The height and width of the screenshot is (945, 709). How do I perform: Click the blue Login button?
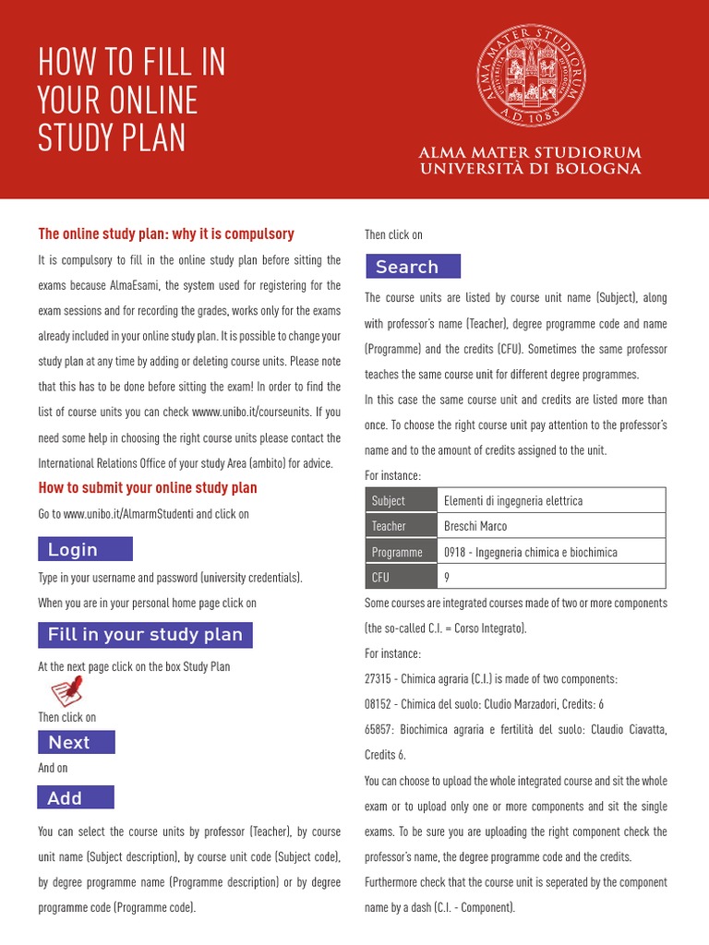[x=85, y=549]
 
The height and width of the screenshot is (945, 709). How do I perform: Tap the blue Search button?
[x=412, y=267]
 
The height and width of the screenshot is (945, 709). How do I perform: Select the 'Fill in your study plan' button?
[x=145, y=635]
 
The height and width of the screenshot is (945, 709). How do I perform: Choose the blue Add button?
[x=76, y=797]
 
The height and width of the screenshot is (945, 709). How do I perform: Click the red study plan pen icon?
[x=66, y=691]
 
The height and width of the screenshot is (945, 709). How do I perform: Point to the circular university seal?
[x=532, y=76]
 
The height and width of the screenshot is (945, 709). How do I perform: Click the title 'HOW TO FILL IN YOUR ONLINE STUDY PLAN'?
[x=132, y=100]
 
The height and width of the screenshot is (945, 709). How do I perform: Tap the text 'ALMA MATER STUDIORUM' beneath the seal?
[x=530, y=152]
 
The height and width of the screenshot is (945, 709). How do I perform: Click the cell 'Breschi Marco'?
[x=475, y=526]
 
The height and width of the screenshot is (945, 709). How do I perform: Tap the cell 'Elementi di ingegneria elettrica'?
[x=513, y=500]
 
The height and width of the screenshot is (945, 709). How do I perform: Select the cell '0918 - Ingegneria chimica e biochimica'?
[x=531, y=552]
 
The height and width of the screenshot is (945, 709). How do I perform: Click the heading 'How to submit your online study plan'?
[x=148, y=487]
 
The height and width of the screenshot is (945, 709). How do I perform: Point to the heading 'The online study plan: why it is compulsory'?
[x=166, y=233]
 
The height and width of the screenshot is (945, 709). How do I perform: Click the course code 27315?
[x=380, y=678]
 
